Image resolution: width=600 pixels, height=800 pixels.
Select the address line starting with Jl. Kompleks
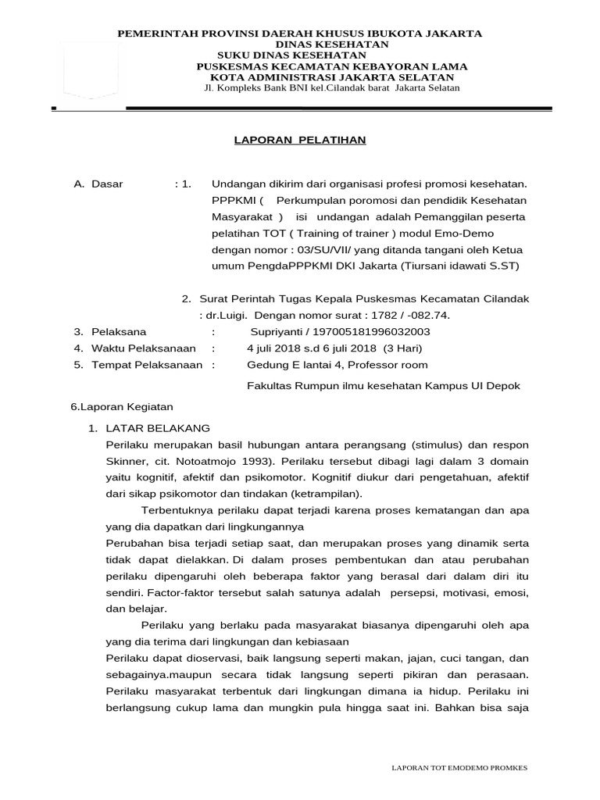tap(327, 88)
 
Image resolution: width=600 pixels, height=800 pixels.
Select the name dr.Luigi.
tap(225, 315)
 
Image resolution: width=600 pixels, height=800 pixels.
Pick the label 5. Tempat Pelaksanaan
tap(137, 364)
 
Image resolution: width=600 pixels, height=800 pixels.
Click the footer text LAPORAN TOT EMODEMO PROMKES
tap(459, 768)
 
